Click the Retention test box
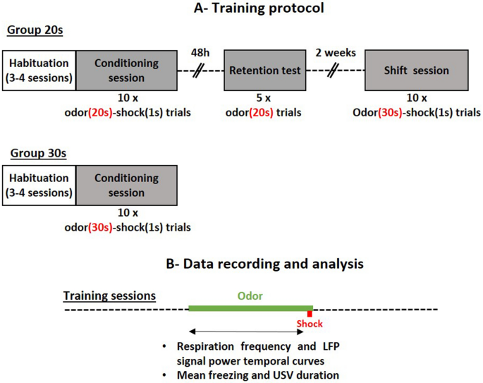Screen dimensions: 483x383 tap(265, 71)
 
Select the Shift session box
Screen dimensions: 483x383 tap(417, 71)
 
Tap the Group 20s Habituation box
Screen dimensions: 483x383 tap(39, 71)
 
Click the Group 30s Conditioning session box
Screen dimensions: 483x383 tap(127, 186)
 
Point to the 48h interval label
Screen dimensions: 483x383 tap(200, 53)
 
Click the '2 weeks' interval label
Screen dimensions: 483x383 tap(336, 53)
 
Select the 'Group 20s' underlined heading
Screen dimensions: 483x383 tap(35, 30)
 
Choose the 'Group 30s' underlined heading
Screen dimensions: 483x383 tap(38, 153)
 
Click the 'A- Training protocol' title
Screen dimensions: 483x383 tap(259, 8)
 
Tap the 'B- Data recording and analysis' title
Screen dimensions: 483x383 tap(264, 264)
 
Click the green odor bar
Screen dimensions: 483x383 tap(251, 308)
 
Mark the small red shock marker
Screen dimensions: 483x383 tap(310, 314)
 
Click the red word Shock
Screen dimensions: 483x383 tap(310, 324)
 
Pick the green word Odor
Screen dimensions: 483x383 tap(250, 296)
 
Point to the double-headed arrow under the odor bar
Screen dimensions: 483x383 tap(246, 332)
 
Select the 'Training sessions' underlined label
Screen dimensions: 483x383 tap(109, 296)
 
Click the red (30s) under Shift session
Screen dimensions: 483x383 tap(390, 112)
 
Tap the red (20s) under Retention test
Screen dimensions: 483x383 tap(261, 112)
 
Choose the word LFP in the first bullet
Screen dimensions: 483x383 tap(331, 346)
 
